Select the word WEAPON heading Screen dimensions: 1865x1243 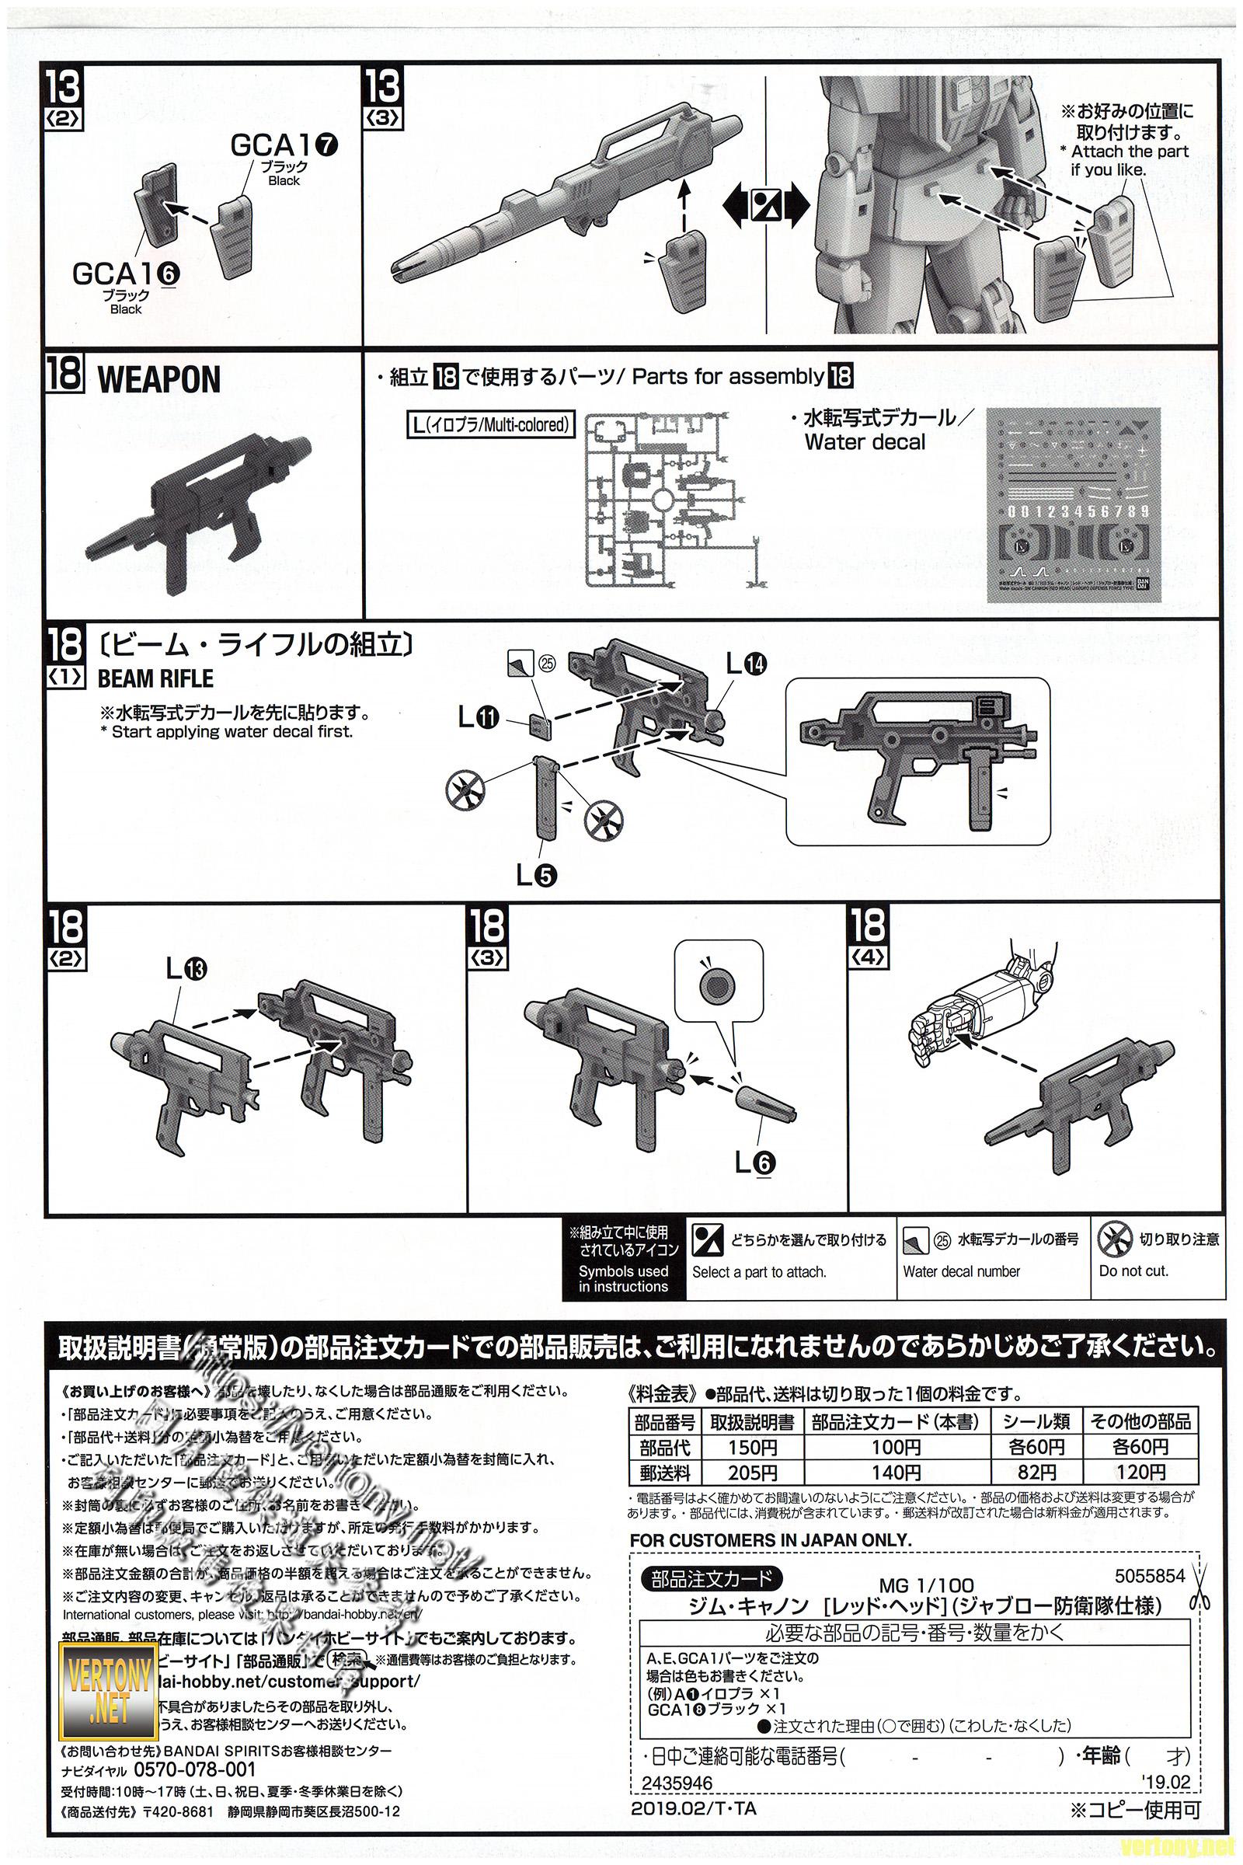coord(158,381)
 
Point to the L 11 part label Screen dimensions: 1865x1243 coord(478,718)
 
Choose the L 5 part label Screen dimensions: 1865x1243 coord(536,875)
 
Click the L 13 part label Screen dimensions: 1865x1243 coord(186,968)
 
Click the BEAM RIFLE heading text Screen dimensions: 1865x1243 coord(155,678)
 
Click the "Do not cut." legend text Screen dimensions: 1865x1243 coord(1133,1271)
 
